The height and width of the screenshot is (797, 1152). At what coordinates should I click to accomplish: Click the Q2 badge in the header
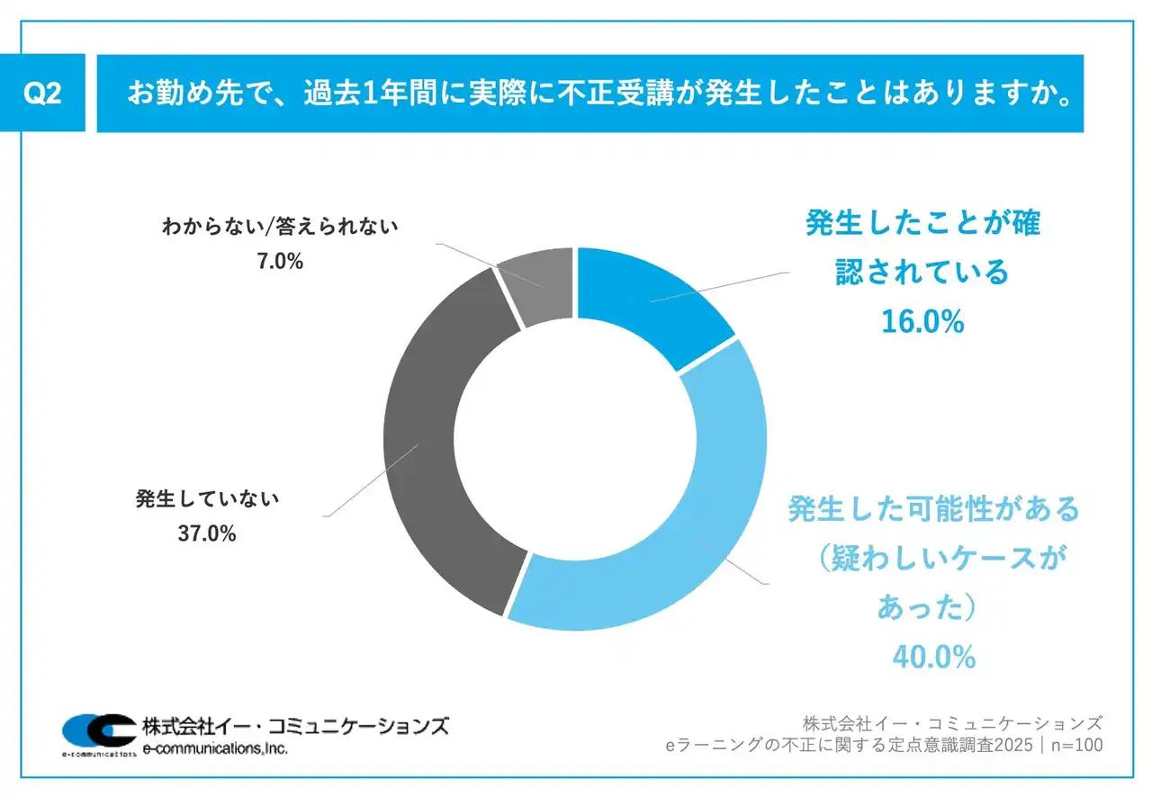point(43,93)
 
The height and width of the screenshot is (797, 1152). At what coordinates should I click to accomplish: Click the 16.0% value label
point(922,321)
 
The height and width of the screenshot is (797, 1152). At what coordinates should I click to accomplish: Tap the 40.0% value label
point(933,657)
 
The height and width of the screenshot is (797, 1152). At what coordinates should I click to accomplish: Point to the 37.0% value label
point(207,534)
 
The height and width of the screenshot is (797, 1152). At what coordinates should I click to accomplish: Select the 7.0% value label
point(279,262)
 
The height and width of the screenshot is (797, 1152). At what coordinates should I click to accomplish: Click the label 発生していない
point(208,497)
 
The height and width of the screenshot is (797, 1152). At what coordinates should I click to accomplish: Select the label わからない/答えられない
point(279,227)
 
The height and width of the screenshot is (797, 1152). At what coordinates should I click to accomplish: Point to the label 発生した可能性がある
point(933,509)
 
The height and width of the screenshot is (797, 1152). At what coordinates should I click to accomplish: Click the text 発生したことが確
point(922,223)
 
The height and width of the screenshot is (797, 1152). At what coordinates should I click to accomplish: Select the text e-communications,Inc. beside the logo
point(215,748)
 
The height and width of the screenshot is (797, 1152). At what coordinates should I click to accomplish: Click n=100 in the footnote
point(1075,746)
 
